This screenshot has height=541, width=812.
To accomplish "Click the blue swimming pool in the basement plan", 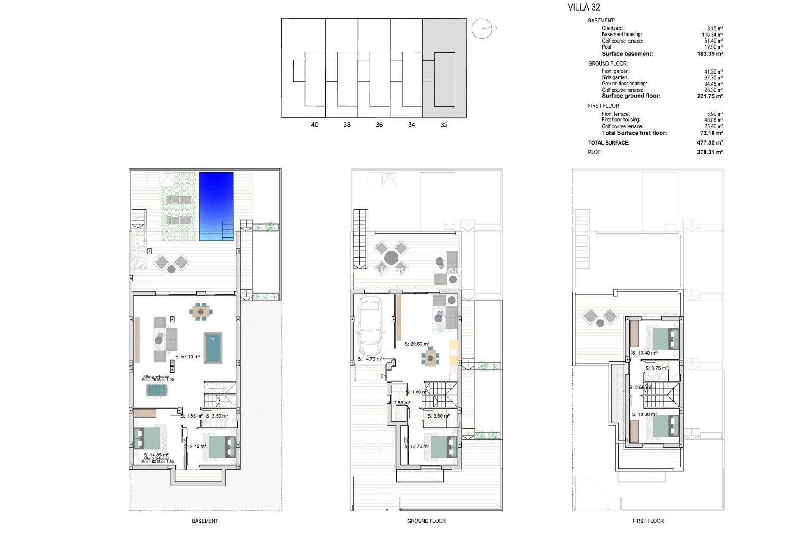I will (x=216, y=206).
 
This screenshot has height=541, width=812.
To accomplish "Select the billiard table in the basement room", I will (x=213, y=347).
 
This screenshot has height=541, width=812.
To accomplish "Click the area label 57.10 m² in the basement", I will (x=188, y=357).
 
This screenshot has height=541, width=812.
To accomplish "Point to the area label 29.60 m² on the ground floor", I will (x=417, y=344).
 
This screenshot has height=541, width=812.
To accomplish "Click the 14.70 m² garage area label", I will (x=370, y=359).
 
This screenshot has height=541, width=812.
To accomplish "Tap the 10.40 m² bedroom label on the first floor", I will (x=645, y=353).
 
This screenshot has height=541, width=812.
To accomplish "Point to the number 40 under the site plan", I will (x=315, y=125).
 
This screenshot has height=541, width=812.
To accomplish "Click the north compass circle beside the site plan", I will (x=482, y=29).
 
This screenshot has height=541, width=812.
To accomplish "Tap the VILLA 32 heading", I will (x=584, y=7).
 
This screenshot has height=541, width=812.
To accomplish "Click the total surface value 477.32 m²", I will (x=710, y=143).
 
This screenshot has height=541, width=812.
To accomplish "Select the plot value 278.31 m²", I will (x=710, y=152).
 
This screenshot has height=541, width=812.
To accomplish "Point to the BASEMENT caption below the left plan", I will (x=205, y=521).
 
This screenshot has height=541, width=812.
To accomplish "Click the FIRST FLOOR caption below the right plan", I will (x=648, y=521).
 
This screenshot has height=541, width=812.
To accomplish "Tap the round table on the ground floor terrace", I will (x=391, y=257).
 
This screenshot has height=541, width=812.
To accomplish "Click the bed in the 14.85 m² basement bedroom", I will (x=147, y=438).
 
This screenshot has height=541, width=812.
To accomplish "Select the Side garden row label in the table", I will (x=615, y=77).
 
